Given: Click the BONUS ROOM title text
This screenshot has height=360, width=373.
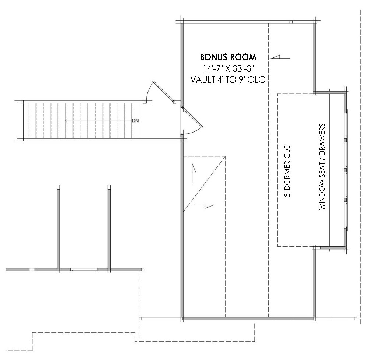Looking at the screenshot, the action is pyautogui.click(x=228, y=57).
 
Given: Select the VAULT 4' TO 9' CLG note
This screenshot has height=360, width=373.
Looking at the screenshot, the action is pyautogui.click(x=228, y=80).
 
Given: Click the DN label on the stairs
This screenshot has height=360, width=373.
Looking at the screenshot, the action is pyautogui.click(x=135, y=121).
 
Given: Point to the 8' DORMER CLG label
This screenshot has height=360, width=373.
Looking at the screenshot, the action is pyautogui.click(x=287, y=171).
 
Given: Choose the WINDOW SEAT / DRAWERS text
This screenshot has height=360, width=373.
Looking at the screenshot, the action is pyautogui.click(x=322, y=167).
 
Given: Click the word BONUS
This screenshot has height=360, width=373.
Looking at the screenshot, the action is pyautogui.click(x=211, y=57).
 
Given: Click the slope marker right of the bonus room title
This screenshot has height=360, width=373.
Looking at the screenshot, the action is pyautogui.click(x=280, y=57).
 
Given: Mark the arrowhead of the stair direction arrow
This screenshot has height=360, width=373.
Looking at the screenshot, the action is pyautogui.click(x=66, y=121).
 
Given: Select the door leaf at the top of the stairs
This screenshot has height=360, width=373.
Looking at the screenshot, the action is pyautogui.click(x=163, y=92).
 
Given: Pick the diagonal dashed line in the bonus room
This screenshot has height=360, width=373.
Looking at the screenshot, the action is pyautogui.click(x=204, y=184).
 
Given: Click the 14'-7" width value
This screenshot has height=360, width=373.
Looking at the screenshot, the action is pyautogui.click(x=211, y=68).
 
